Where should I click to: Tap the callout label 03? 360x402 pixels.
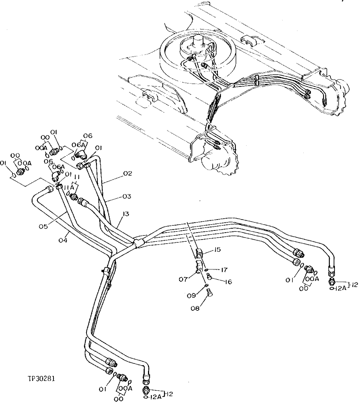[127, 197]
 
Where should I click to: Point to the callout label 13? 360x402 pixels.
[125, 214]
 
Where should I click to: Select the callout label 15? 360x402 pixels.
[217, 249]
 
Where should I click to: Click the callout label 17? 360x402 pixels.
[224, 270]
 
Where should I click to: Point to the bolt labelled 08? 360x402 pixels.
[209, 293]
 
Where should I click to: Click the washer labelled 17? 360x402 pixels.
[207, 270]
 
